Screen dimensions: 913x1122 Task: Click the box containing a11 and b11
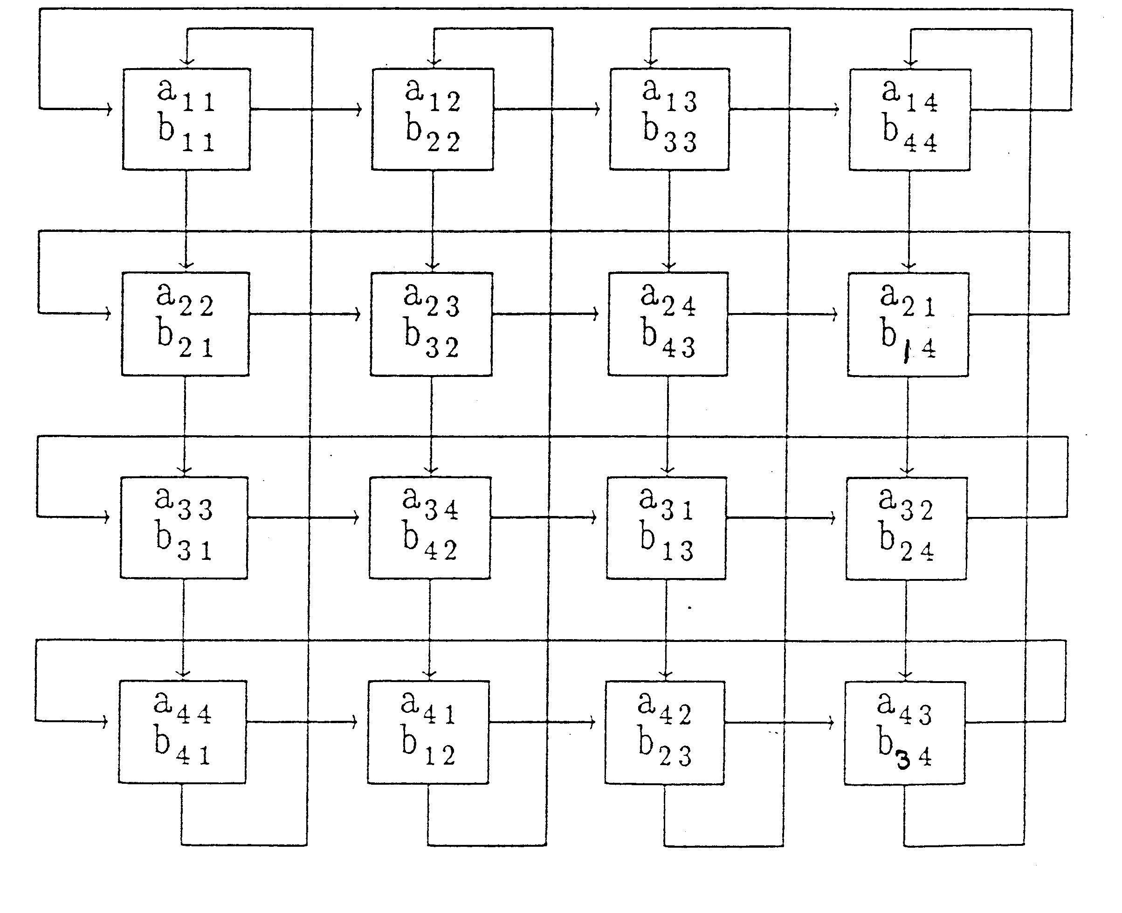tap(186, 119)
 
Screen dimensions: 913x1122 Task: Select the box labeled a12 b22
tap(433, 119)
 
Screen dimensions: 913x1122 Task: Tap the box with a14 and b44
tap(910, 119)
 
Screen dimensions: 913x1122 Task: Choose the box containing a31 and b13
tap(667, 528)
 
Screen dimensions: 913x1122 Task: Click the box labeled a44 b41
tap(182, 732)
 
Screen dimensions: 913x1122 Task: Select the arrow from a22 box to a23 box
tap(305, 314)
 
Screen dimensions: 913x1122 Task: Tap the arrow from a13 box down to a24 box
tap(668, 221)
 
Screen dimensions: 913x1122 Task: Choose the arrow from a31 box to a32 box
tap(781, 518)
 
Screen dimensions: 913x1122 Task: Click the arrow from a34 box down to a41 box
tap(429, 628)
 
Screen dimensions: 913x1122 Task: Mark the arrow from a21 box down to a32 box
tap(908, 426)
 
